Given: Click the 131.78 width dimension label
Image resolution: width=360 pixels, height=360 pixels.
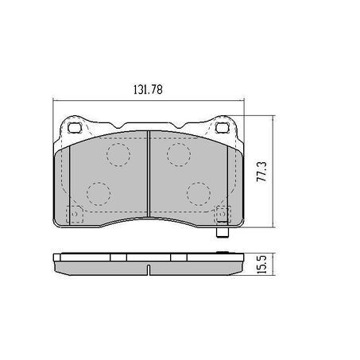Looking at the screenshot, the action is coord(148,90).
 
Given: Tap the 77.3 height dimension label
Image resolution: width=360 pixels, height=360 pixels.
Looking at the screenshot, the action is coord(261,172).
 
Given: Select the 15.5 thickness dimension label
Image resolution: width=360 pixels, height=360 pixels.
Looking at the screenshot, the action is coord(261,264).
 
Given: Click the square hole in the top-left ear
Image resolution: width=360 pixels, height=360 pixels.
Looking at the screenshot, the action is coord(74,128).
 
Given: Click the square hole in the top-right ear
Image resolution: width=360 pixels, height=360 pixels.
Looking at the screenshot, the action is coord(222,128).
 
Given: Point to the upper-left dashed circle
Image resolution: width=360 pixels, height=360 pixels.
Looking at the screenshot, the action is coord(118,155).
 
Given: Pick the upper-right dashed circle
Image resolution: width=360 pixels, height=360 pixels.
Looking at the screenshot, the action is coord(179,155).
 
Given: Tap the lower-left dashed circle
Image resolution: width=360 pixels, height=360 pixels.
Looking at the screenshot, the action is coord(99,194).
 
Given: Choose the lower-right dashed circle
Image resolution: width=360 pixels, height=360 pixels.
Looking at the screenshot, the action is coord(199,194).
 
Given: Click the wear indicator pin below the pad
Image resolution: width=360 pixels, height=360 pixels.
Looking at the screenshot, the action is coord(223,232).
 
